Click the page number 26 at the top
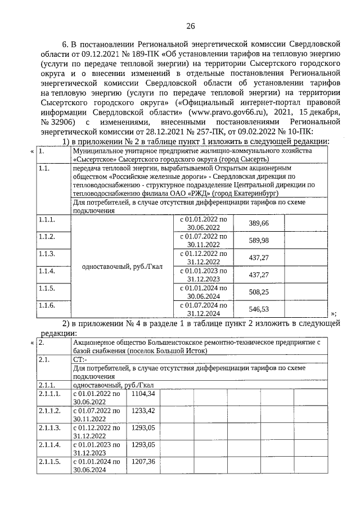190,26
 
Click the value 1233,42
142,415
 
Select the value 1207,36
142,465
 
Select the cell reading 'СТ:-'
80,358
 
